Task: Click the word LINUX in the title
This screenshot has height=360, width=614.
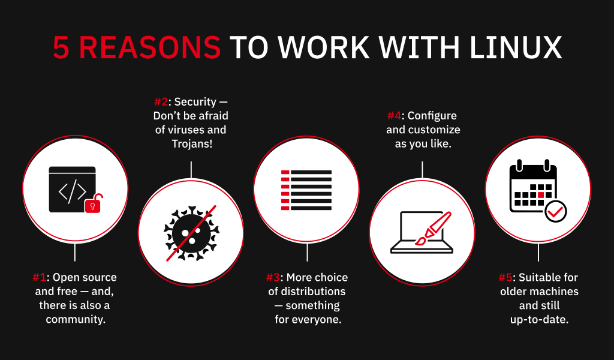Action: click(516, 47)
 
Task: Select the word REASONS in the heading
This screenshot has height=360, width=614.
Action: click(150, 47)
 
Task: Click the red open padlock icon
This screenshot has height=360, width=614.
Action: click(94, 203)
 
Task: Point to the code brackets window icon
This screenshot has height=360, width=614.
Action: click(73, 190)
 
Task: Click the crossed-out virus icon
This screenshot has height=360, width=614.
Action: click(191, 233)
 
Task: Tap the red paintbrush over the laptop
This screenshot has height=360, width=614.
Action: click(434, 229)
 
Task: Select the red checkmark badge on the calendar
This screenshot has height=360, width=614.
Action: click(556, 212)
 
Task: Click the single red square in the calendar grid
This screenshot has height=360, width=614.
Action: click(541, 194)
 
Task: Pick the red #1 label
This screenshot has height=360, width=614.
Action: click(39, 277)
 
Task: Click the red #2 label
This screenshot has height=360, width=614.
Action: click(161, 102)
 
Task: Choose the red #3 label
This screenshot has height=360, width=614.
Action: click(273, 277)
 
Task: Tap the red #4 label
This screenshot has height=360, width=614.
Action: click(395, 116)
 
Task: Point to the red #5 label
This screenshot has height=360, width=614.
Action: click(505, 277)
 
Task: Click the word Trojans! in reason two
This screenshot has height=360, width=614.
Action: click(192, 144)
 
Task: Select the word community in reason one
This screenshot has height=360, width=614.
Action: click(76, 319)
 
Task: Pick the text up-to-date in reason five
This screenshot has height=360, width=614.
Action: click(539, 320)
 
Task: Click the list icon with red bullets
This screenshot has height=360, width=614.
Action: click(306, 190)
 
